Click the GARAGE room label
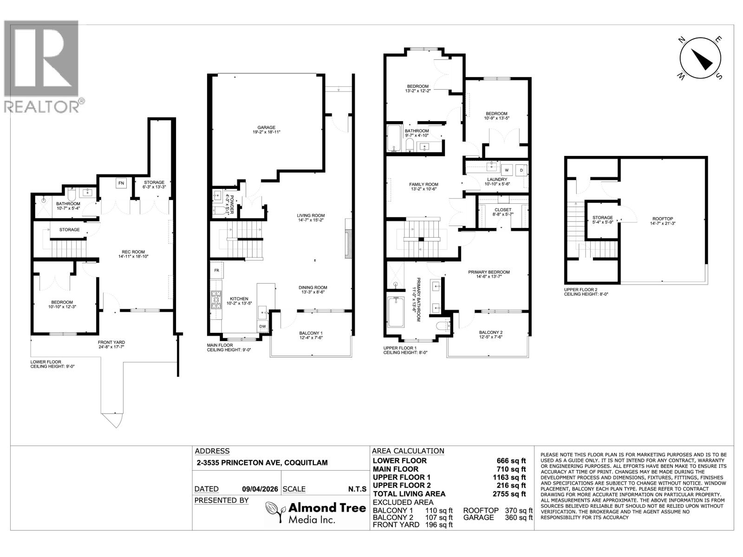click(x=267, y=127)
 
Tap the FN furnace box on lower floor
click(x=121, y=183)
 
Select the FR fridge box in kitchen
click(x=217, y=270)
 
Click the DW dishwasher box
click(x=262, y=327)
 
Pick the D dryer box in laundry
click(x=521, y=170)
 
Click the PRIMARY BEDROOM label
click(x=489, y=272)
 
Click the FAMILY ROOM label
click(x=424, y=184)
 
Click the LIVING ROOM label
click(x=311, y=215)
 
